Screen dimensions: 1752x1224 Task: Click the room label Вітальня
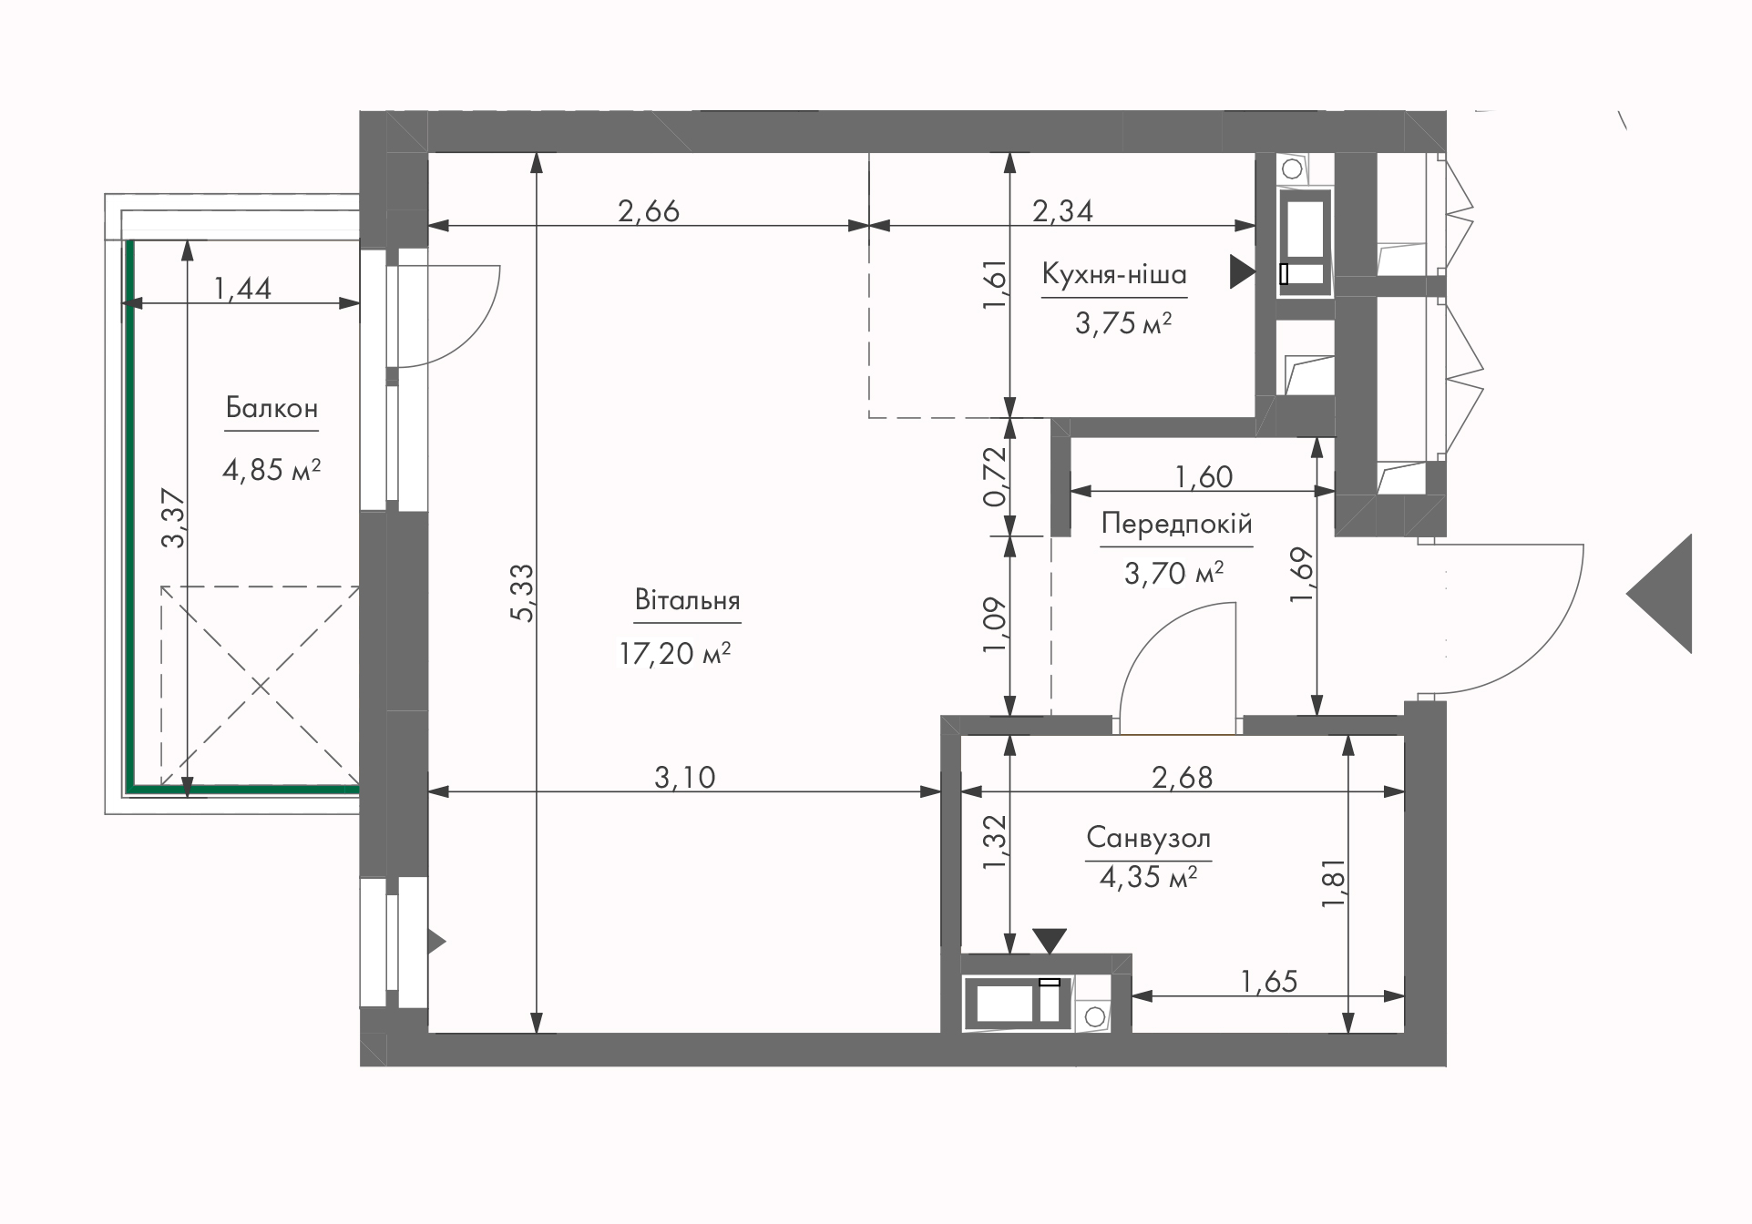pyautogui.click(x=687, y=601)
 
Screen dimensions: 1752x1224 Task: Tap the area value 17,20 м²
pyautogui.click(x=675, y=653)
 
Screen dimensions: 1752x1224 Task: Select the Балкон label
pyautogui.click(x=272, y=408)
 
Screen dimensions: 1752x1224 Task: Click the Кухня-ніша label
pyautogui.click(x=1114, y=274)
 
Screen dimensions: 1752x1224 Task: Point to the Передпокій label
pyautogui.click(x=1176, y=524)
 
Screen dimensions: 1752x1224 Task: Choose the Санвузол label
pyautogui.click(x=1148, y=837)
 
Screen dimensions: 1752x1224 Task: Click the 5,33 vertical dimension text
pyautogui.click(x=522, y=593)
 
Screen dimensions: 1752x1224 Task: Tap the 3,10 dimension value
pyautogui.click(x=685, y=777)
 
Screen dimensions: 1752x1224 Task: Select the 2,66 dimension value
pyautogui.click(x=649, y=211)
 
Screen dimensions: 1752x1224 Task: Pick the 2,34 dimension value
pyautogui.click(x=1062, y=211)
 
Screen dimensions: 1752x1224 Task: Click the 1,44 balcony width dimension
pyautogui.click(x=242, y=289)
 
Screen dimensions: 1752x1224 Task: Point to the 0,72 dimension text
pyautogui.click(x=995, y=475)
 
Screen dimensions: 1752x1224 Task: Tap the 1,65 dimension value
pyautogui.click(x=1269, y=981)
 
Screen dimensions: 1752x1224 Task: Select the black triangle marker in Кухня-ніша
pyautogui.click(x=1242, y=271)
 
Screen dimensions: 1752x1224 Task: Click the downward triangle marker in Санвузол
pyautogui.click(x=1050, y=941)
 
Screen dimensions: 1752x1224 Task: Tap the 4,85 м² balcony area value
pyautogui.click(x=272, y=470)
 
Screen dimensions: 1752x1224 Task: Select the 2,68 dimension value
pyautogui.click(x=1183, y=777)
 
